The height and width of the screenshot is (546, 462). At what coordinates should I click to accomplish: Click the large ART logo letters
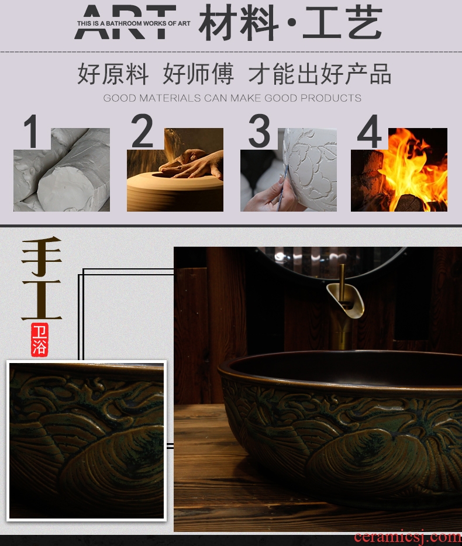(x=125, y=22)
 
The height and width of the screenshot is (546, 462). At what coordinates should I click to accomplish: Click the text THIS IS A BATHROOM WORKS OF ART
(x=133, y=24)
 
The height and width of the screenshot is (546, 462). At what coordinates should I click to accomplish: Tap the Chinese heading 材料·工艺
(x=291, y=23)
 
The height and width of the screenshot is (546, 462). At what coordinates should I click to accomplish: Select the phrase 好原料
(x=112, y=74)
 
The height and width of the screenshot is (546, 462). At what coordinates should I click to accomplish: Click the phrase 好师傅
(x=198, y=74)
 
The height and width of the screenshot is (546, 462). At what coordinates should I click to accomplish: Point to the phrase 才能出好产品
(x=319, y=74)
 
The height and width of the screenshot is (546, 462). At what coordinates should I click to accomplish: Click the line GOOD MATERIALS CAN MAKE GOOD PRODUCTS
(x=232, y=98)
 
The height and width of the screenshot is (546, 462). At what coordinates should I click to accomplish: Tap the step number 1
(x=31, y=132)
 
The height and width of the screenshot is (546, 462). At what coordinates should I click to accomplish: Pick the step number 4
(x=370, y=132)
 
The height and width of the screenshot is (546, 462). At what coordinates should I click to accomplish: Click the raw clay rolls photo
(x=61, y=170)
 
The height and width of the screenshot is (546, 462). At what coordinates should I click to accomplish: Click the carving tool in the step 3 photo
(x=283, y=188)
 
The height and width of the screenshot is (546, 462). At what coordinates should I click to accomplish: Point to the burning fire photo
(x=399, y=170)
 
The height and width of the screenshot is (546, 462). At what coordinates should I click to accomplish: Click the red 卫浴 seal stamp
(x=39, y=340)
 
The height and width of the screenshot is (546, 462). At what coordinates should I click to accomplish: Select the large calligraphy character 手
(x=42, y=256)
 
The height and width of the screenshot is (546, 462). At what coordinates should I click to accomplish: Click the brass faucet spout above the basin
(x=345, y=298)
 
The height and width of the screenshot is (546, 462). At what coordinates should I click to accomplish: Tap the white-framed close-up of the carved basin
(x=87, y=441)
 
